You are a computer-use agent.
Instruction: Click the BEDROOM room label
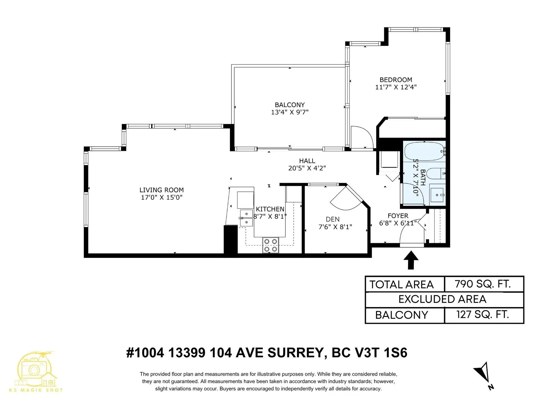396,80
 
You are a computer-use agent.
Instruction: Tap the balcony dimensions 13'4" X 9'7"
290,112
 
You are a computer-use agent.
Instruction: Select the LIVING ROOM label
162,190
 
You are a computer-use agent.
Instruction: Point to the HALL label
307,161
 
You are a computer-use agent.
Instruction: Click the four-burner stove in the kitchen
271,245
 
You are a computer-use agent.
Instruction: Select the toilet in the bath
435,174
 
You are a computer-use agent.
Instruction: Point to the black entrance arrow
411,260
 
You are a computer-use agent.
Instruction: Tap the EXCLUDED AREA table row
444,299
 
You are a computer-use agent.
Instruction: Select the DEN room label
333,219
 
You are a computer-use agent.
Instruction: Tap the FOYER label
398,216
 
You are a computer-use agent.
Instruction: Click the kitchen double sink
246,218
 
